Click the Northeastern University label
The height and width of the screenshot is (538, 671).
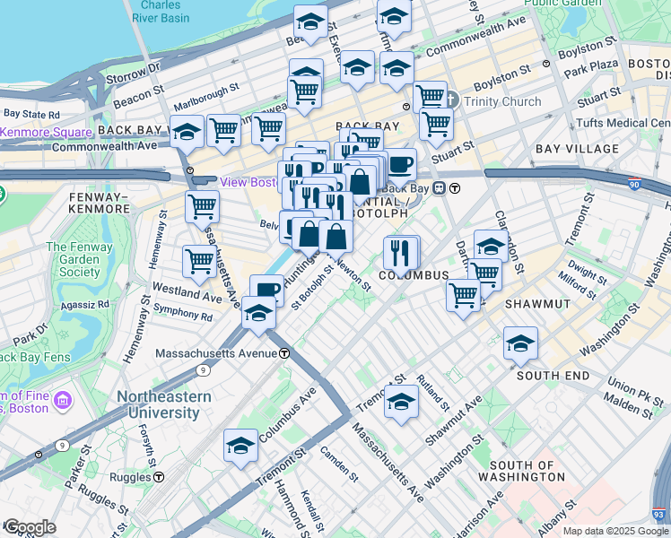pos(162,404)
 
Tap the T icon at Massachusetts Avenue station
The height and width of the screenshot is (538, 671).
pos(283,353)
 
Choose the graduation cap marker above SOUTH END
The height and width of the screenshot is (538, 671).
pos(520,343)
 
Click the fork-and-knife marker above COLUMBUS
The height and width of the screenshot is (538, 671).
pos(402,252)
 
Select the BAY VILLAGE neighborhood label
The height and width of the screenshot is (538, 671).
pos(577,149)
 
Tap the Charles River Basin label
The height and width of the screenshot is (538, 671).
pos(161,11)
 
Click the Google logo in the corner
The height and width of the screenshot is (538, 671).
pos(30,527)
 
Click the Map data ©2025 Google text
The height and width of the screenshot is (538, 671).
pos(615,531)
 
